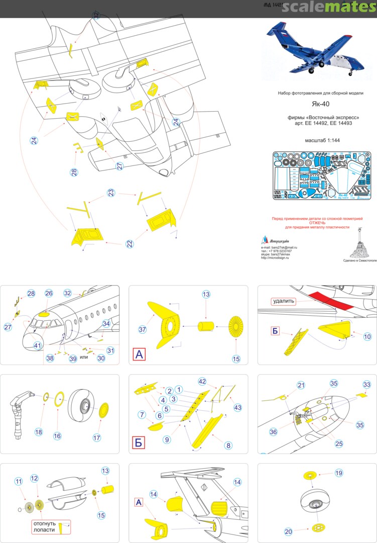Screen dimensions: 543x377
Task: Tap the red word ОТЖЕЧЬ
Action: [317, 223]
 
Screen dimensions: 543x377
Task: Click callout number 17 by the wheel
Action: [97, 437]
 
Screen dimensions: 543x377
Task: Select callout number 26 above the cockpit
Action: [49, 293]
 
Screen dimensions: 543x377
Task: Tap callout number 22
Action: [130, 244]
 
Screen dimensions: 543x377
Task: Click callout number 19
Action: [338, 473]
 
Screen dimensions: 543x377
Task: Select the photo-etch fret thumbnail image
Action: [321, 176]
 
